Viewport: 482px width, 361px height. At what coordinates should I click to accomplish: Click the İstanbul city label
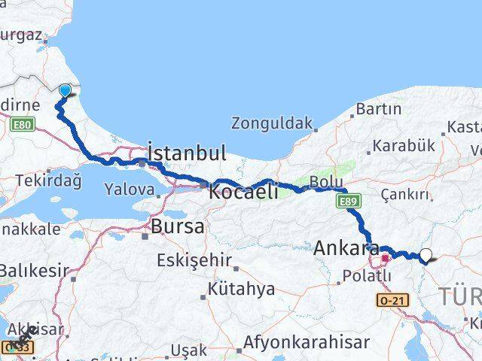click(x=186, y=153)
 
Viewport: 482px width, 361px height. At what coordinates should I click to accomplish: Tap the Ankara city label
click(x=347, y=247)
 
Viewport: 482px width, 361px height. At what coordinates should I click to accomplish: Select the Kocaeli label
click(x=244, y=190)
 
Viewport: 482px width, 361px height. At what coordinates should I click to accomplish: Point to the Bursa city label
click(x=177, y=226)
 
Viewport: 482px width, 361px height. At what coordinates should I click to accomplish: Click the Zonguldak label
click(x=271, y=123)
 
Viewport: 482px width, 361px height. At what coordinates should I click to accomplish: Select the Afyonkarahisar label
click(x=306, y=342)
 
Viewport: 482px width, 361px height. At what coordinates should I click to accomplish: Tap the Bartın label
click(x=378, y=109)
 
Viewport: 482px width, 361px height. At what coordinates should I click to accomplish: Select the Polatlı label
click(x=365, y=276)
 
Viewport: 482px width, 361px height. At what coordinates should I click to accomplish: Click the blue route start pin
click(x=65, y=91)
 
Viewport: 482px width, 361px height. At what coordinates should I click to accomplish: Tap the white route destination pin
click(x=426, y=256)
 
